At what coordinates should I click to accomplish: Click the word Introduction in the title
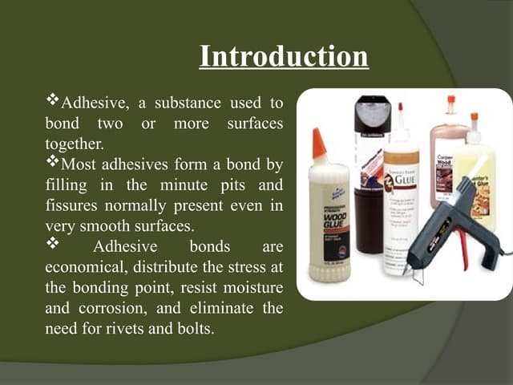pyautogui.click(x=283, y=57)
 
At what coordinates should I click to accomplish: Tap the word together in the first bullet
pyautogui.click(x=74, y=144)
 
